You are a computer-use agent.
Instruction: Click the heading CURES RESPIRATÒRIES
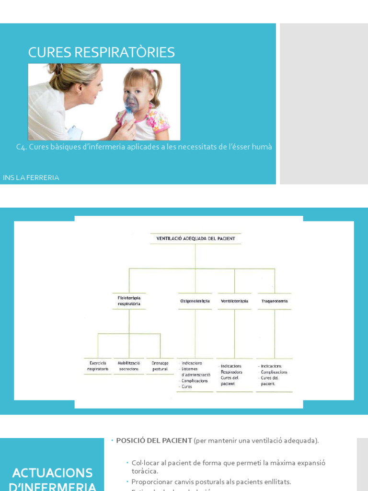pos(101,52)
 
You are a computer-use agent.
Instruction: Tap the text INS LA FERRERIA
pos(31,177)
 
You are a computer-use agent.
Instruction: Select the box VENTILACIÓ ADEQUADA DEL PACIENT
pos(195,238)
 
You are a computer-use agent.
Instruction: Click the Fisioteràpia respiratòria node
pos(129,301)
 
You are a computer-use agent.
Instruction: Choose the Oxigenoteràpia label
pos(195,301)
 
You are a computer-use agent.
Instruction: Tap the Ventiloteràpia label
pos(234,301)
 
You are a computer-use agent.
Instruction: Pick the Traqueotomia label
pos(275,301)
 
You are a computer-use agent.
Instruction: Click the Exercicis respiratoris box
pos(98,366)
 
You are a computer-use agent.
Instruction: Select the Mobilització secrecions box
pos(128,366)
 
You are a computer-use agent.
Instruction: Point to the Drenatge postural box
pos(160,366)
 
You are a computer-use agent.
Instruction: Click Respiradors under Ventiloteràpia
pos(231,372)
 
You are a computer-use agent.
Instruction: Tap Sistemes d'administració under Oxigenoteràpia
pos(195,372)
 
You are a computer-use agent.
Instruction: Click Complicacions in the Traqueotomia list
pos(274,372)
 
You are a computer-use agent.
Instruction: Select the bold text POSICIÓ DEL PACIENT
pos(154,440)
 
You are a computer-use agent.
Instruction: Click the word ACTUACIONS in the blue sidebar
pos(52,473)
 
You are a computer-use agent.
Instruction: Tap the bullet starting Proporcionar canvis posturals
pos(211,481)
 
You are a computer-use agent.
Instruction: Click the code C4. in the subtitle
pos(21,147)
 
